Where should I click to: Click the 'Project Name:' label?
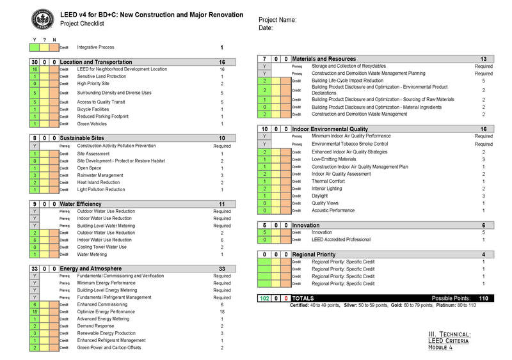[x=277, y=20]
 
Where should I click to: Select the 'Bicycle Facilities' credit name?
[x=93, y=109]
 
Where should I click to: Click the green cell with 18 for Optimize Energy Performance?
[x=34, y=311]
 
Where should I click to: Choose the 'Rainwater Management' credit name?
[x=100, y=175]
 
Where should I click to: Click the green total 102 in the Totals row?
[x=264, y=299]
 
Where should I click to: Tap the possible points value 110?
[x=483, y=299]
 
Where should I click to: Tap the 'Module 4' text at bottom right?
[x=442, y=348]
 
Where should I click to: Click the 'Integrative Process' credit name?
[x=95, y=47]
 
